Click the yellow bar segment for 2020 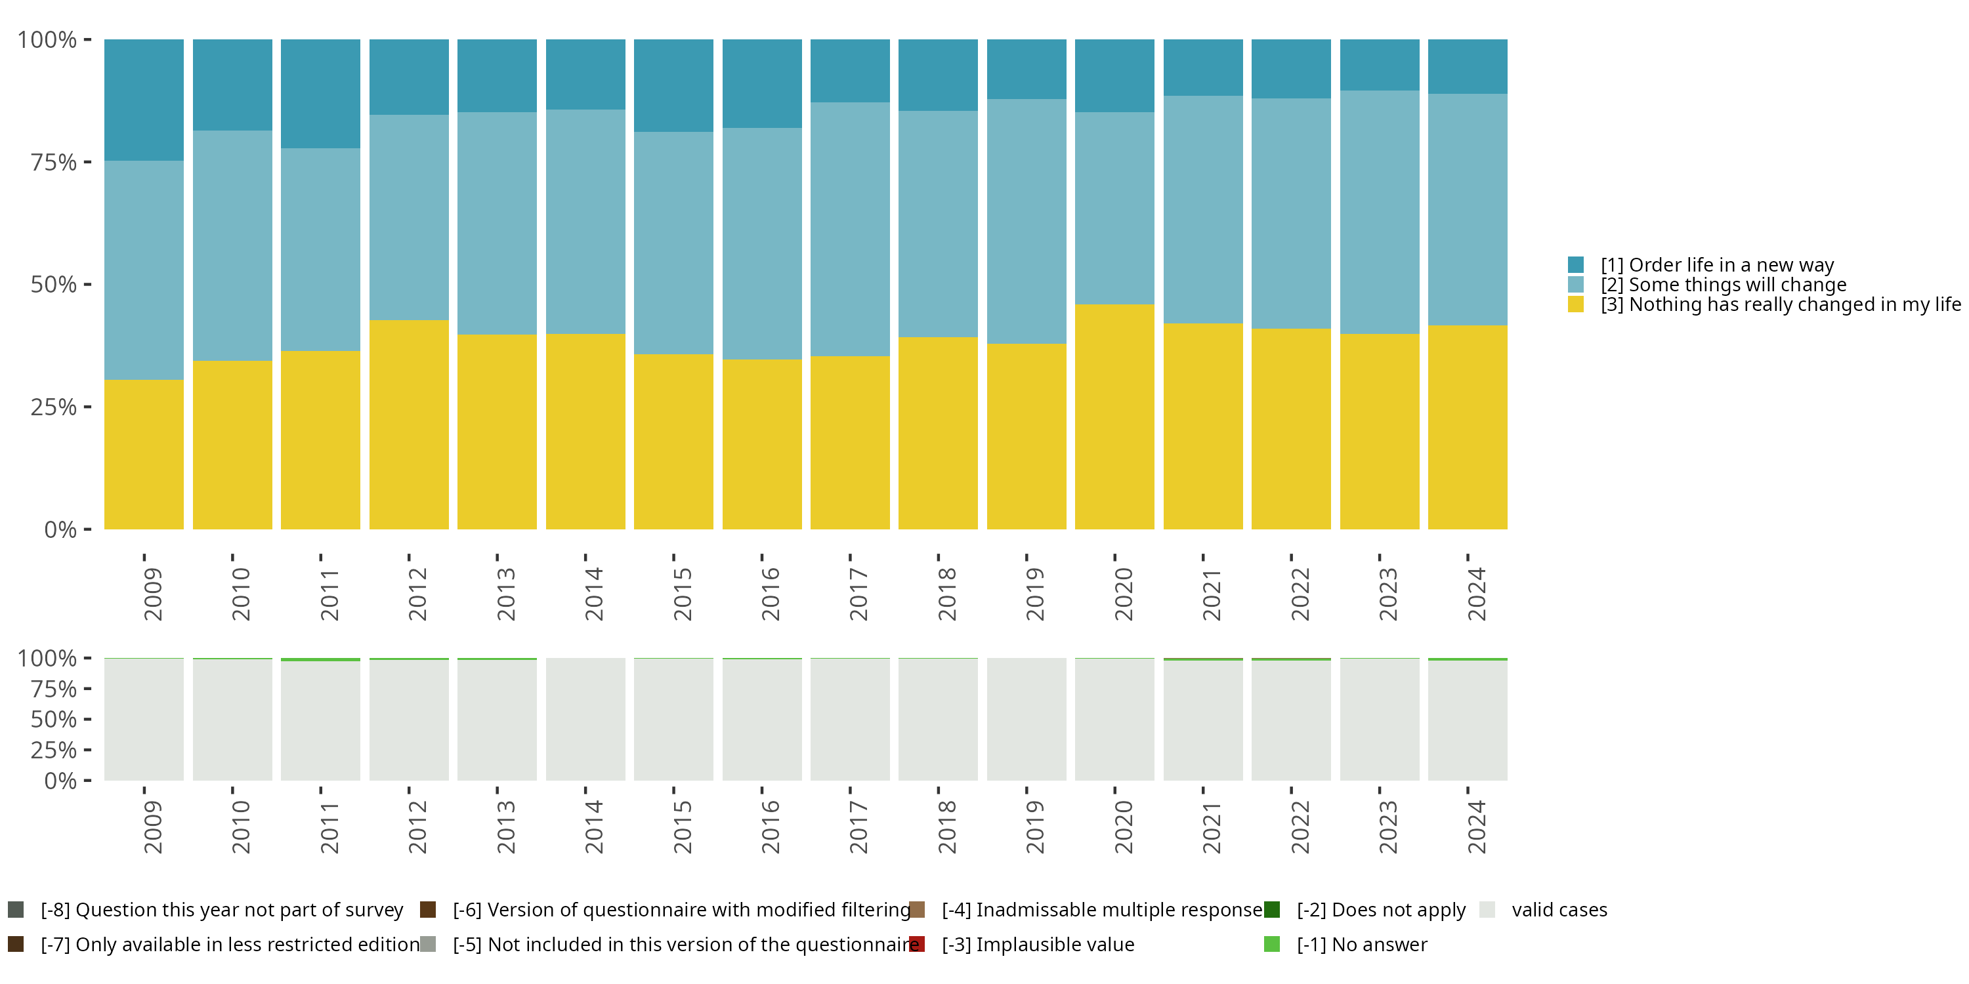(x=1114, y=417)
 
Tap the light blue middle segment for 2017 (x=850, y=229)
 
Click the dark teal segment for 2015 (x=673, y=85)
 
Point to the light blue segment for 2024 (x=1468, y=209)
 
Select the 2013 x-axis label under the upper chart (x=505, y=594)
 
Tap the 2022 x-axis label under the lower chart (x=1300, y=827)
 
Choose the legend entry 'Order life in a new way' (x=1716, y=265)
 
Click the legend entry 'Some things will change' (x=1723, y=285)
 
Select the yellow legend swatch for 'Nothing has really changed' (x=1575, y=305)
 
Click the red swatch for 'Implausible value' (x=918, y=944)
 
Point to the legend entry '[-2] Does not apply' (x=1380, y=910)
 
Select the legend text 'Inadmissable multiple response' (x=1118, y=910)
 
